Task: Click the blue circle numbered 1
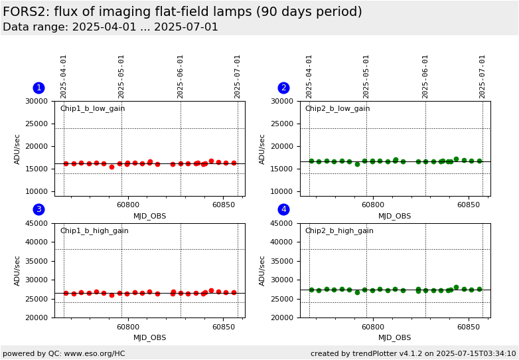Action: click(38, 88)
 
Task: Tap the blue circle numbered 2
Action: click(283, 88)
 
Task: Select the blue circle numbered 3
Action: click(38, 209)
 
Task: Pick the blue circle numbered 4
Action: click(283, 209)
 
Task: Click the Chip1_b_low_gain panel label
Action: click(92, 109)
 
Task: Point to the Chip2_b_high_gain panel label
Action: click(338, 231)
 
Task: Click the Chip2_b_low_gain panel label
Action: click(337, 109)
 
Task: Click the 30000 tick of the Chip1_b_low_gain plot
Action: click(37, 101)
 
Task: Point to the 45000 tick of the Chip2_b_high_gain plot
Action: click(282, 223)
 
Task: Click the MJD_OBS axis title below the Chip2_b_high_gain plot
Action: click(395, 338)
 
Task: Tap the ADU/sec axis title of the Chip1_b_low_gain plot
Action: click(18, 148)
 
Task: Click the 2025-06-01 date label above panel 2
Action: click(425, 76)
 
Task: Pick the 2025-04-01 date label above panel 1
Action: click(64, 76)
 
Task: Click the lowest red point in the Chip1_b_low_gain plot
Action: click(111, 167)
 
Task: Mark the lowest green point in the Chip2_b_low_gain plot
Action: click(357, 164)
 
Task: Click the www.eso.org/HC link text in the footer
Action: click(92, 354)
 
